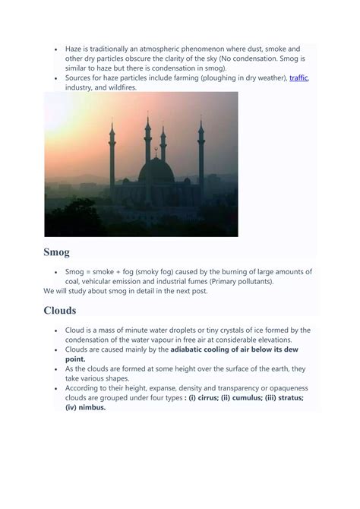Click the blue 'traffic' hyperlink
(298, 78)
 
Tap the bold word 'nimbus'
(87, 407)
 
